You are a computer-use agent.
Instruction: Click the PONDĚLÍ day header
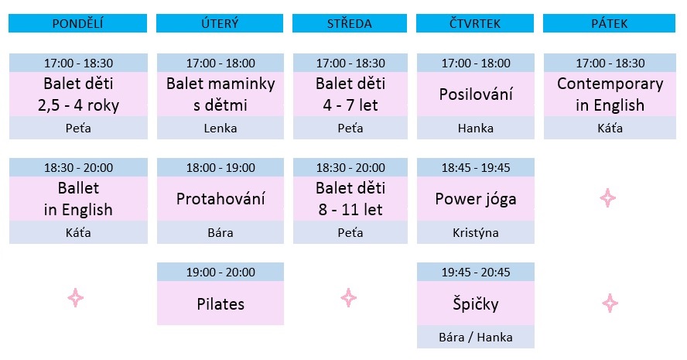coord(77,23)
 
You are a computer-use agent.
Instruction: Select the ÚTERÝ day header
coord(220,23)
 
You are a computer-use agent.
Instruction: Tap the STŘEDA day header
coord(349,23)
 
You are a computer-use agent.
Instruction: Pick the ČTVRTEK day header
coord(475,23)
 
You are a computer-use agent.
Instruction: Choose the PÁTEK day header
coord(609,23)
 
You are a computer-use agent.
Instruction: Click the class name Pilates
coord(220,304)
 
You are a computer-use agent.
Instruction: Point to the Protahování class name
coord(220,199)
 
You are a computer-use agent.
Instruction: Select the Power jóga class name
coord(475,199)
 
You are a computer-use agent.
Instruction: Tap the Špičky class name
coord(475,303)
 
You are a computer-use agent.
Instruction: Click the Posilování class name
coord(475,94)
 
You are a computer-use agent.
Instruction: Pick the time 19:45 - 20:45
coord(475,273)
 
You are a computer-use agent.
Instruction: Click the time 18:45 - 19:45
coord(475,167)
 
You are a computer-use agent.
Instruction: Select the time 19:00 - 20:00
coord(220,273)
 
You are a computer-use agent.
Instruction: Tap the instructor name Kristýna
coord(475,232)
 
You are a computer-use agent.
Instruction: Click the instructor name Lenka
coord(220,128)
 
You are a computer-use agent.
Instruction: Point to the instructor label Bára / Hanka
coord(475,338)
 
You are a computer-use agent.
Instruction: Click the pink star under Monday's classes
coord(75,298)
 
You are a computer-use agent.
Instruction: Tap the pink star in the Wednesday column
coord(349,298)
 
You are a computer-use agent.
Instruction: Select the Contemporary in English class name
coord(610,94)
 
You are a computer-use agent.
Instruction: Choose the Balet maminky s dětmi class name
coord(220,94)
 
